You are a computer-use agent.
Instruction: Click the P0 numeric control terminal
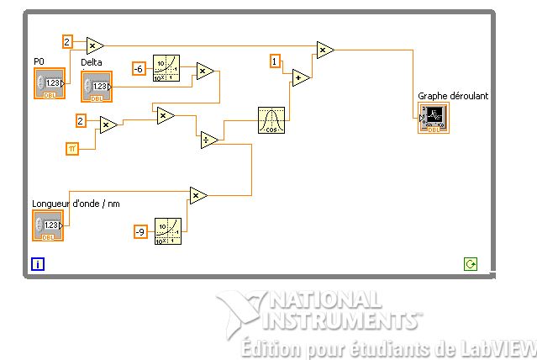pos(50,84)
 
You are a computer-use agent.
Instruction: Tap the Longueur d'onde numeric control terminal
pos(48,225)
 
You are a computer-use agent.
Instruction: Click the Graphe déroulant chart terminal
pos(433,117)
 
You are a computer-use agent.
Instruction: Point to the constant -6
pos(140,68)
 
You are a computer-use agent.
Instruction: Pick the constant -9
pos(141,231)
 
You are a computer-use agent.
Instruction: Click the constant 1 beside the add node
pos(275,60)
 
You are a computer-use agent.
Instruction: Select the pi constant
pos(72,149)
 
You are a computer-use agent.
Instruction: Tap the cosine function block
pos(271,120)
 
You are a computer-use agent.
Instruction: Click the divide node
pos(209,140)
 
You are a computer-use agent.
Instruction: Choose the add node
pos(300,78)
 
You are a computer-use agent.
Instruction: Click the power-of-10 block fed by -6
pos(166,68)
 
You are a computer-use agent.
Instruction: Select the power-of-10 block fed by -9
pos(168,230)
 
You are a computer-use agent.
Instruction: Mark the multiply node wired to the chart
pos(324,50)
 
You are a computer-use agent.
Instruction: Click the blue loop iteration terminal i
pos(37,264)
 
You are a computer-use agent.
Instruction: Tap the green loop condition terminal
pos(471,264)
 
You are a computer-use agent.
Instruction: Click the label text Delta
pos(91,62)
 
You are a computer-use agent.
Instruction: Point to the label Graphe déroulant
pos(453,96)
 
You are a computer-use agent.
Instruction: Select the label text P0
pos(39,61)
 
